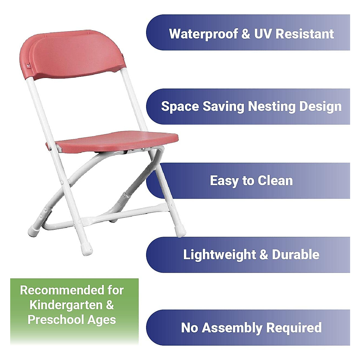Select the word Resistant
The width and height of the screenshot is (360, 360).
304,34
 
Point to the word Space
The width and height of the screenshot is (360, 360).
180,107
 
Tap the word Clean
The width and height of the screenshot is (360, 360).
275,181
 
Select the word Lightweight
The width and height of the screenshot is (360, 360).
220,255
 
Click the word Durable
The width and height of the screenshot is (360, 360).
295,255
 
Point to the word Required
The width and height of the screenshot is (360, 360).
294,328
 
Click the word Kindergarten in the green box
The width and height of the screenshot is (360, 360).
66,305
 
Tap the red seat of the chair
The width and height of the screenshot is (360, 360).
117,141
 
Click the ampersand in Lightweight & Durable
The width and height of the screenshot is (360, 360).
264,255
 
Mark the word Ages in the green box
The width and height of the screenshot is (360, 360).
102,320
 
